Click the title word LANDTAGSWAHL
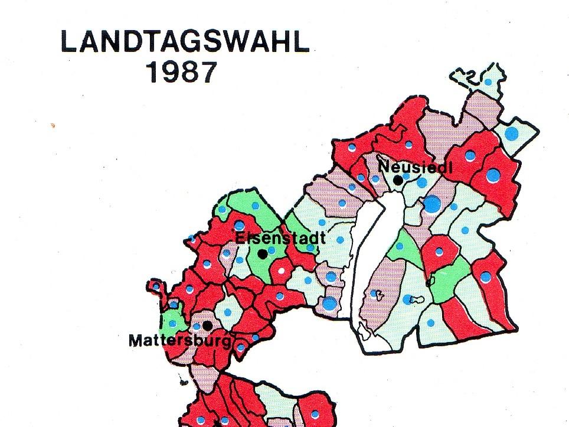pos(185,43)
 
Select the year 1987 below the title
pos(180,73)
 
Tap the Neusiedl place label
pos(415,167)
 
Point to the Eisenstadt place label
pos(280,238)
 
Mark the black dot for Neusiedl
pos(399,180)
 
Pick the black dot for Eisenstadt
pos(262,254)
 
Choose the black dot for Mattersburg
pos(207,325)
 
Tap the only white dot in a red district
pos(282,270)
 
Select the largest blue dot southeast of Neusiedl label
pos(432,204)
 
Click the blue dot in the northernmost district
pos(488,82)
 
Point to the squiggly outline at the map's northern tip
pos(472,75)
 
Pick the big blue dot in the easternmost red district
pos(493,175)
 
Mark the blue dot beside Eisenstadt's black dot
pos(272,250)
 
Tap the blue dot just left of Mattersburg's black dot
pos(197,327)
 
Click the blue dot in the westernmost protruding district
pos(155,286)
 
